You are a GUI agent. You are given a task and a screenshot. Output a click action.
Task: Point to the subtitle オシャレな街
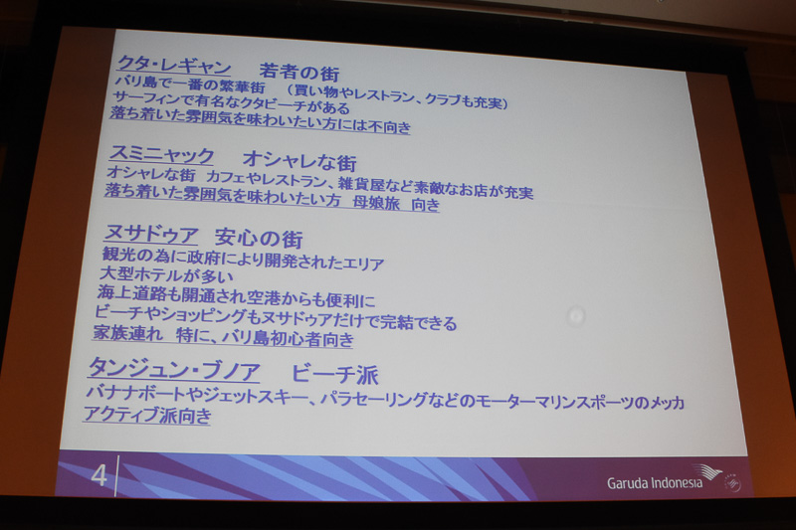tap(299, 161)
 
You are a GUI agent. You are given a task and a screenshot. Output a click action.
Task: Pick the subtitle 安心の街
tap(259, 239)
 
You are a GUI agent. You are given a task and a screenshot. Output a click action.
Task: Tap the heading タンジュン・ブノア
tap(175, 370)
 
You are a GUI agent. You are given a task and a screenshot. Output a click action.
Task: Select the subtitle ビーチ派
tap(335, 374)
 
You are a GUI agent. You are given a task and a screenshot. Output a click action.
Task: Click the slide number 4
tap(98, 475)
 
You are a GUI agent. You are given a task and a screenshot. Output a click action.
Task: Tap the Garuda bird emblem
tap(707, 474)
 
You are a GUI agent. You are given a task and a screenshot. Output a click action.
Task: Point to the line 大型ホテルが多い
tap(165, 276)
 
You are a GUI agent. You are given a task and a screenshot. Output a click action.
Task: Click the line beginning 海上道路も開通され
tap(237, 298)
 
